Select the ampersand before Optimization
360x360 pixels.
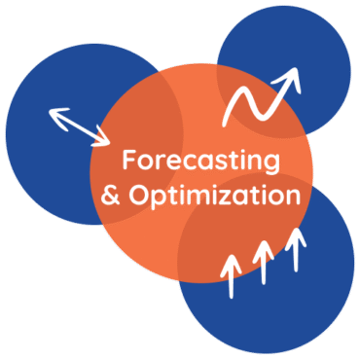click(x=112, y=196)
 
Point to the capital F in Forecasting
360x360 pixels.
click(x=127, y=160)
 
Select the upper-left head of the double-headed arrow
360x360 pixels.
click(x=54, y=112)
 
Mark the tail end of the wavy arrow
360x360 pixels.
click(x=227, y=123)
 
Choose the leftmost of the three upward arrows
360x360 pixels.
click(x=231, y=273)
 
